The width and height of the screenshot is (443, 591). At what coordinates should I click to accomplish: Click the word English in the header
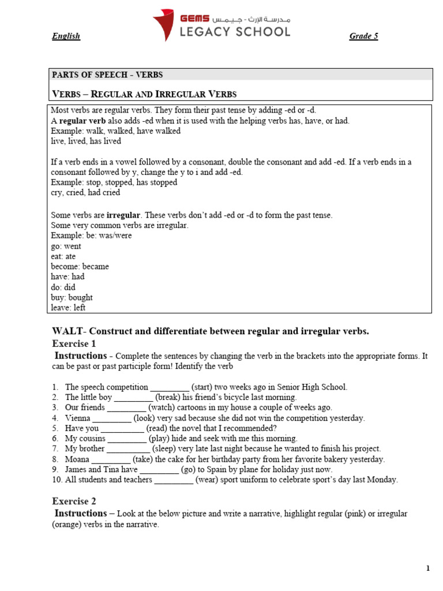pyautogui.click(x=66, y=36)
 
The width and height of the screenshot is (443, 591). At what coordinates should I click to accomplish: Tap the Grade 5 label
pyautogui.click(x=363, y=36)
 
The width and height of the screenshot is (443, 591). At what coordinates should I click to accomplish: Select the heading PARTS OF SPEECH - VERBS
pyautogui.click(x=107, y=74)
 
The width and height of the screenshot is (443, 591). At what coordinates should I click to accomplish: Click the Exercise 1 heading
pyautogui.click(x=74, y=343)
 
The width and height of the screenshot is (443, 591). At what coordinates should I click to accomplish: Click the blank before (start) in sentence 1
pyautogui.click(x=169, y=387)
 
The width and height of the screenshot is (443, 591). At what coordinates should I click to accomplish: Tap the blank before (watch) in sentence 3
pyautogui.click(x=126, y=408)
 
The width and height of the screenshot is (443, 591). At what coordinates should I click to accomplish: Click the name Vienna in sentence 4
pyautogui.click(x=78, y=418)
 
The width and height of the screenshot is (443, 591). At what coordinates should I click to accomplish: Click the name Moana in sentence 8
pyautogui.click(x=77, y=459)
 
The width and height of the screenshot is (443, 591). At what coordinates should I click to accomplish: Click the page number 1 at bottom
pyautogui.click(x=428, y=568)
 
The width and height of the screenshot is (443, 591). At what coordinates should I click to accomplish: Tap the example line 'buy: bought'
pyautogui.click(x=72, y=298)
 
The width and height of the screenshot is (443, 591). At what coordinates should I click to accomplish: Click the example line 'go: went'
pyautogui.click(x=66, y=246)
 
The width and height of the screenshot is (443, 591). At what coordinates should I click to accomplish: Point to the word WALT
pyautogui.click(x=67, y=331)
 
